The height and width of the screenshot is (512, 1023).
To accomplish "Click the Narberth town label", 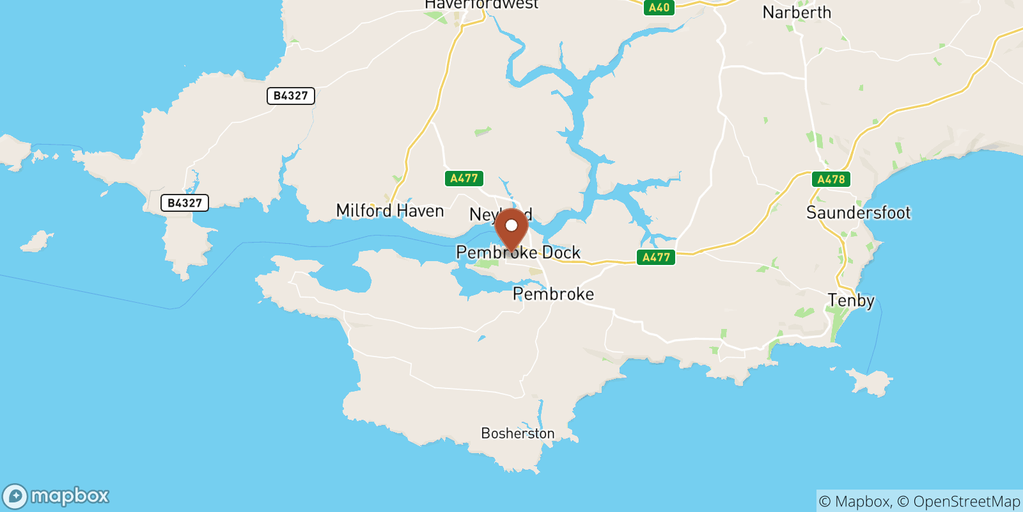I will click(797, 13).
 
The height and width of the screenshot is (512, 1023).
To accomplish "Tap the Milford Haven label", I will click(389, 211).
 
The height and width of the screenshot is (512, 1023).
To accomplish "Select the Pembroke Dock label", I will click(518, 252).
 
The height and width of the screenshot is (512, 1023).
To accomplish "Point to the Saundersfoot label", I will click(858, 212).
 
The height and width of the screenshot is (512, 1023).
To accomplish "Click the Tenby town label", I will click(850, 300).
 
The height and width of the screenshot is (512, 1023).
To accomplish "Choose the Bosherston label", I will click(517, 433).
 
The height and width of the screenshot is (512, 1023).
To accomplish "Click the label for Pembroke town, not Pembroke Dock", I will click(553, 294).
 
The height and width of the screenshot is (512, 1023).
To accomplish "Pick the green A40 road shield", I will click(659, 8).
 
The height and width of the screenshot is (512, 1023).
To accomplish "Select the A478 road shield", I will click(831, 179).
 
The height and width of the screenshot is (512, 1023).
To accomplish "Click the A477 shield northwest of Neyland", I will click(464, 179).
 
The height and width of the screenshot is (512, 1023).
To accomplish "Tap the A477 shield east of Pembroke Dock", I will click(656, 257).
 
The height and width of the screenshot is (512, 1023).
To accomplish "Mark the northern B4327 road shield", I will click(290, 96).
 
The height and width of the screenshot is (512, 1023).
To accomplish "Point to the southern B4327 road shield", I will click(184, 203).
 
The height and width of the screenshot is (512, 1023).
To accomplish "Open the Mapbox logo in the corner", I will click(56, 496).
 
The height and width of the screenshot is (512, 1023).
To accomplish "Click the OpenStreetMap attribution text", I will click(966, 501).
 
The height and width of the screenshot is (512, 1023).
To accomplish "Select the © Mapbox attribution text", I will click(854, 501).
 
